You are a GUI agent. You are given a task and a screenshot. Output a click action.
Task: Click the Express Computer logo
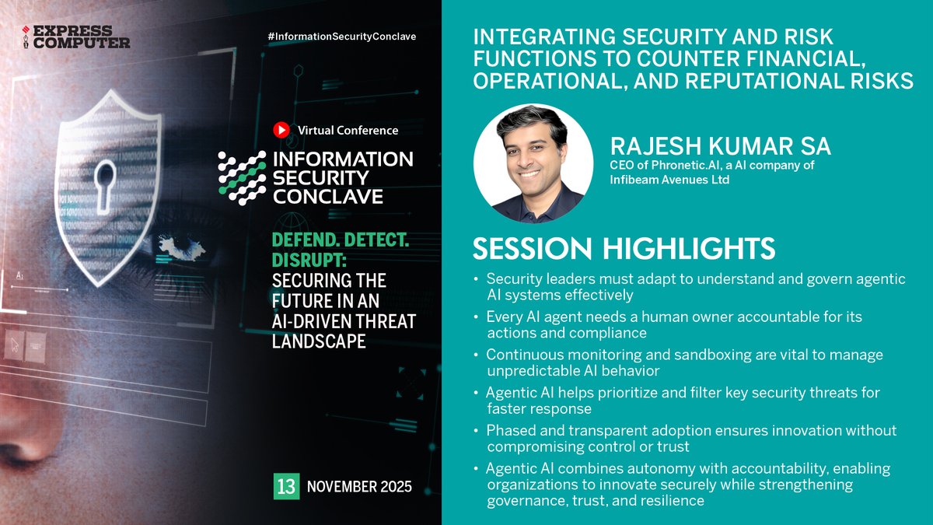coord(75,37)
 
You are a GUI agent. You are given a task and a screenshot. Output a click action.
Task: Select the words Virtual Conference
coord(348,131)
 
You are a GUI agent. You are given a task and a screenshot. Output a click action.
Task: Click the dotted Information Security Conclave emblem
coord(241,177)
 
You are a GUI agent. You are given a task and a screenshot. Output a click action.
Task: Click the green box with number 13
coord(285,487)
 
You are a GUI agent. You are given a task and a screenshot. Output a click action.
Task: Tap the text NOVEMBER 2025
coord(359,488)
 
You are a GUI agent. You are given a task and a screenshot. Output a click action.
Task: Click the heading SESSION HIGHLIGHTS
coord(624,248)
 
